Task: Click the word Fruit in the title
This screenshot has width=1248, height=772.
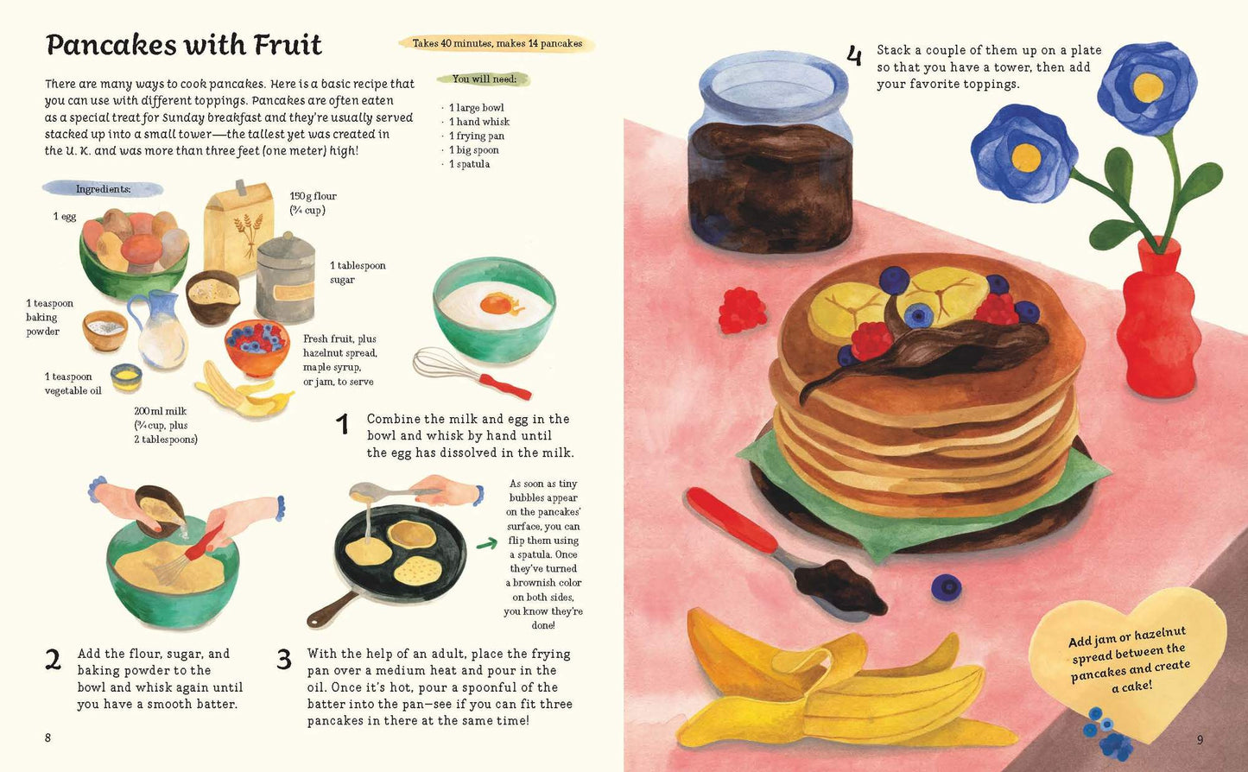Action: [288, 45]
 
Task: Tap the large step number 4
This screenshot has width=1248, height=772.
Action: [853, 56]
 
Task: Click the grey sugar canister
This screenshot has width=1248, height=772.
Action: [285, 279]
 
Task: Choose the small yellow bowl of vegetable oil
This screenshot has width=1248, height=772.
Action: [126, 377]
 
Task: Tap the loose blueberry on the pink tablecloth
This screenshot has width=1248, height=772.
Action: [946, 587]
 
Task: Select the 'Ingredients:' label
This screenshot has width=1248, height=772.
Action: [103, 189]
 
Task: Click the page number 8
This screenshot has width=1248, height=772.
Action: [48, 738]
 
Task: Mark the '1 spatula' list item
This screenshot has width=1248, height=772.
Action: [469, 164]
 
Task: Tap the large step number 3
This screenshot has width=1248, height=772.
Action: [284, 660]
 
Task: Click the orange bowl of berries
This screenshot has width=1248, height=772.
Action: [257, 346]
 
